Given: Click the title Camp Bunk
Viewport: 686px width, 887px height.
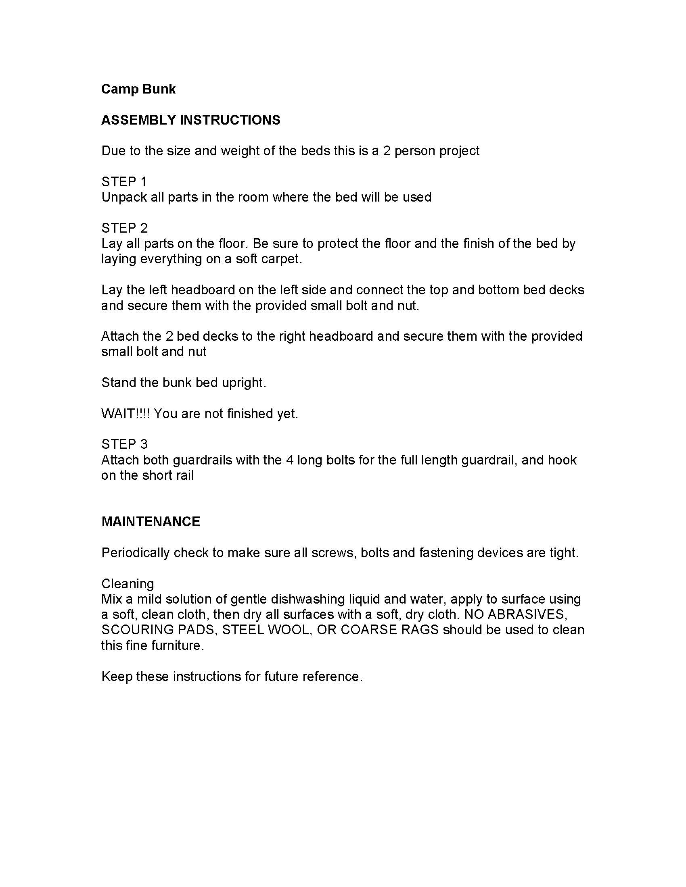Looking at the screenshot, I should point(138,89).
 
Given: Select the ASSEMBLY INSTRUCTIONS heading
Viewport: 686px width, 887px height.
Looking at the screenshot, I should point(190,120).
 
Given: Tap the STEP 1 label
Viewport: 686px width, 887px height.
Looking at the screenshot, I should point(123,181).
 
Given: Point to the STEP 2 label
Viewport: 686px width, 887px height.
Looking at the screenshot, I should point(124,228).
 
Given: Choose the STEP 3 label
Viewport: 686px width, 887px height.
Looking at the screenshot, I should point(124,444).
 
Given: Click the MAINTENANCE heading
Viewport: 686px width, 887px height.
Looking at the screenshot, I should point(151,521).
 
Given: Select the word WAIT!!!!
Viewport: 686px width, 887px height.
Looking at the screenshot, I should point(125,413).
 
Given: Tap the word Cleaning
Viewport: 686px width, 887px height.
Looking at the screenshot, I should point(128,584).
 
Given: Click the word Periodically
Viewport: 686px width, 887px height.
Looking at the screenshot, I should point(135,553).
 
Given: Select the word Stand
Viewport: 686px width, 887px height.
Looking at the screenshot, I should point(119,383).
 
